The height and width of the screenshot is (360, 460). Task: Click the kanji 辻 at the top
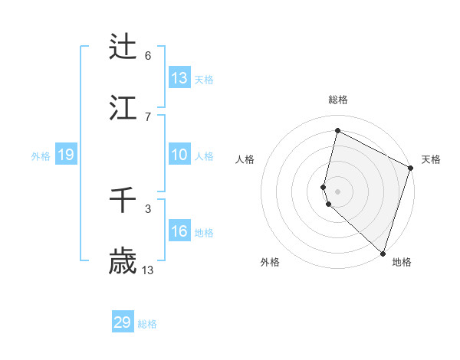pos(123,47)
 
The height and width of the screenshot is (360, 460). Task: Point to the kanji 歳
pos(123,262)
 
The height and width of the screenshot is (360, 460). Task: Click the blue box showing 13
pos(179,77)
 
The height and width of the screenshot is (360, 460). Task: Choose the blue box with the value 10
pos(179,155)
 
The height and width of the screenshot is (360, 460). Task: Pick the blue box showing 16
pos(179,231)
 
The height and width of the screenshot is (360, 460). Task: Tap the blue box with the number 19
pos(66,155)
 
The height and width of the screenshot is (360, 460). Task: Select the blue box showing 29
pos(123,322)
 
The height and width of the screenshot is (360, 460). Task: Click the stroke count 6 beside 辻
pos(148,55)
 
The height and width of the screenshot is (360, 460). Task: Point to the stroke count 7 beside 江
pos(148,116)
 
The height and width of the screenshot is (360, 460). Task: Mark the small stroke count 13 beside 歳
pos(148,270)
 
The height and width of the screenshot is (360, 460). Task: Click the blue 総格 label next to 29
pos(147,324)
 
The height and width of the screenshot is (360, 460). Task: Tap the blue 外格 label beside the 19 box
pos(41,155)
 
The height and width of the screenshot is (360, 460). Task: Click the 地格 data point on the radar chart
pos(383,253)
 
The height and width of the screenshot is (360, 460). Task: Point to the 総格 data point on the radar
pos(337,131)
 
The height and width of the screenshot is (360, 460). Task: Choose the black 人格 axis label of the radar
pos(245,159)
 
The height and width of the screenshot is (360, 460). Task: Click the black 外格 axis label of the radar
pos(270,262)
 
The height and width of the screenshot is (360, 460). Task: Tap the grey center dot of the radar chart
pos(337,191)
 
